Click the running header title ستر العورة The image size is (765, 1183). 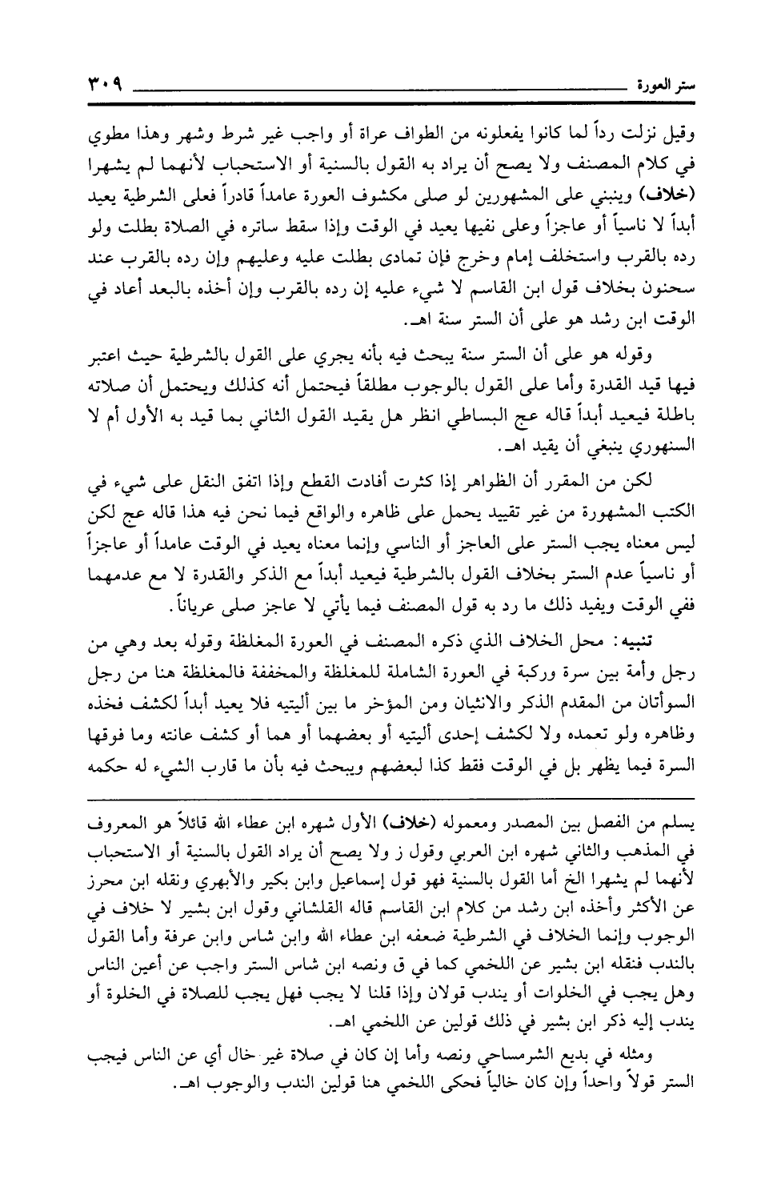658,84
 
